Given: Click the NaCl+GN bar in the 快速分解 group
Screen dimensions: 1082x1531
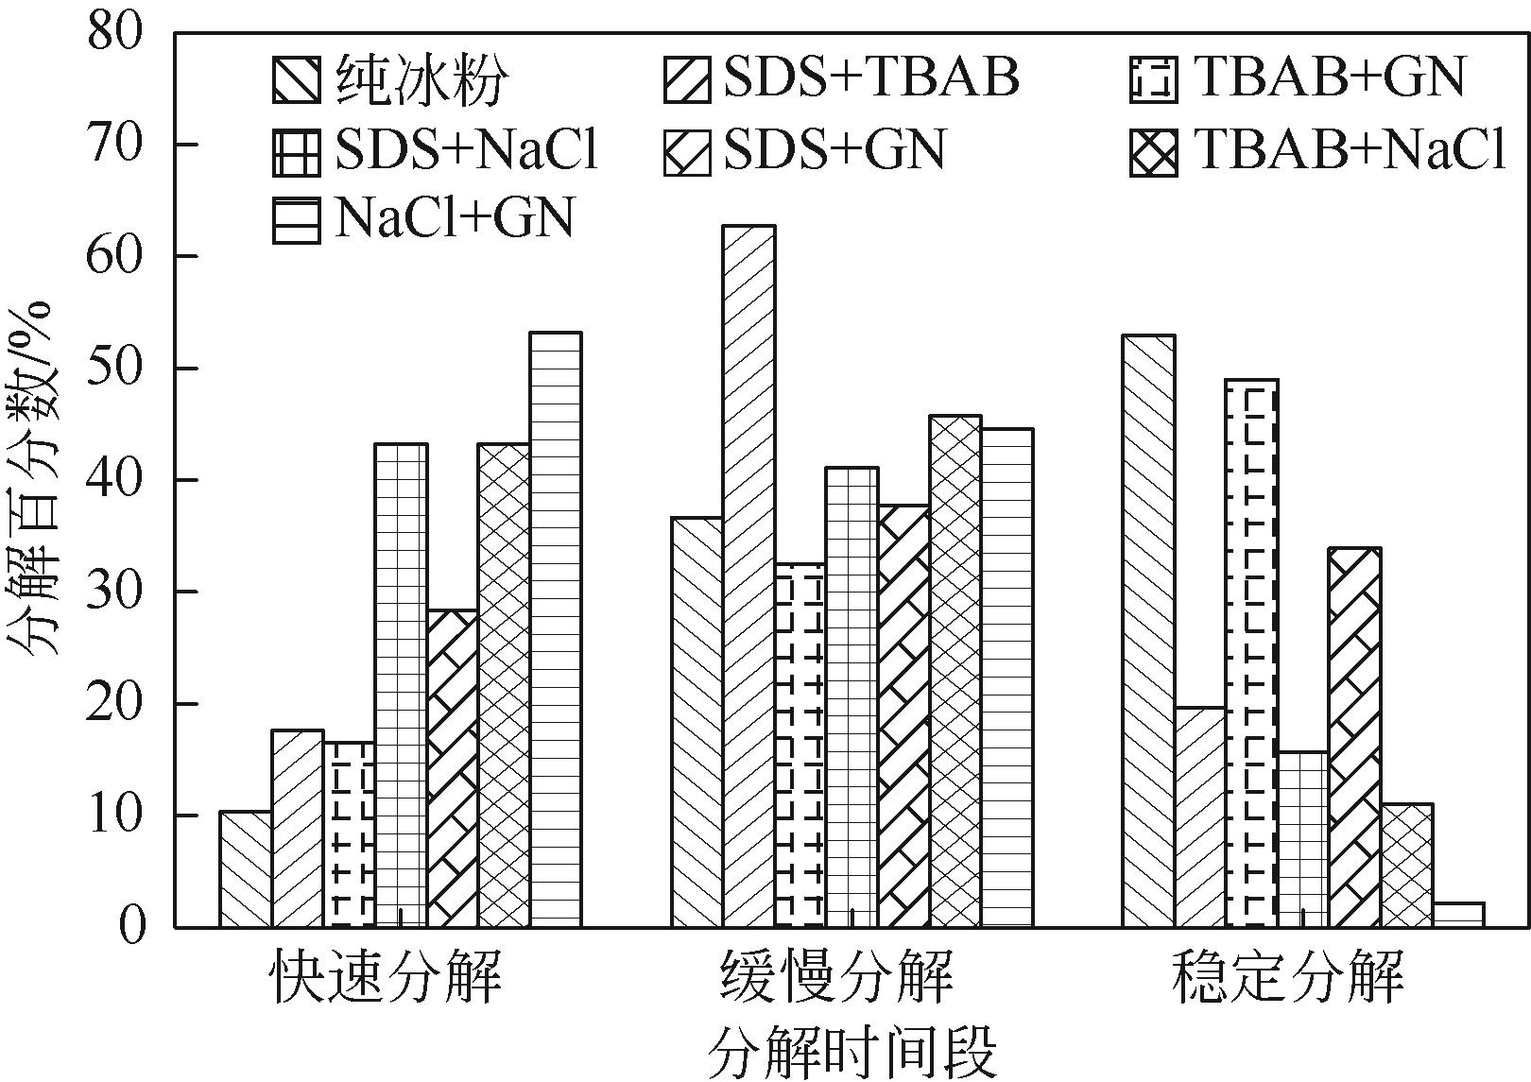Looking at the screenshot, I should (555, 629).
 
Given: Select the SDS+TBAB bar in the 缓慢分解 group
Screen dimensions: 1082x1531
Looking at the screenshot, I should (748, 576).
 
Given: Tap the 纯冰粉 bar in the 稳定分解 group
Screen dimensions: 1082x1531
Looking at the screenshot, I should (1148, 631).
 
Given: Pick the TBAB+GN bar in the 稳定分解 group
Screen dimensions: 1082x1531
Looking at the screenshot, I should (1251, 653).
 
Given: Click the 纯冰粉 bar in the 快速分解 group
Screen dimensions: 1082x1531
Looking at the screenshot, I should (245, 869).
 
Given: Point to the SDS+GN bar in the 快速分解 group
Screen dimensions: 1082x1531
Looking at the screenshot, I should (452, 768).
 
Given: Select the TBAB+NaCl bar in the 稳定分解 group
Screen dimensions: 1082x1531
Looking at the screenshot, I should (1406, 866).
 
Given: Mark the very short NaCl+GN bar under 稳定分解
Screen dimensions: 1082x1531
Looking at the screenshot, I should (1458, 915).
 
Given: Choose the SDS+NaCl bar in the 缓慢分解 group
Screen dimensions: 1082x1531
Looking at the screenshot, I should (852, 697).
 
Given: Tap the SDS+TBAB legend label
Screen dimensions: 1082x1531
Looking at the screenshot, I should (871, 77).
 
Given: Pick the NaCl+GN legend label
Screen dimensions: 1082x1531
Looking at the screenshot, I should (454, 219).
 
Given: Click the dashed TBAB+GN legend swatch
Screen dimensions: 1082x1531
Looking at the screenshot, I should (1153, 80).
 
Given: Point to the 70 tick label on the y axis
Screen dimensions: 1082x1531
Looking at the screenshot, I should (114, 145).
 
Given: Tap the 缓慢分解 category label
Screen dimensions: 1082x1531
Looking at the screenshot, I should (836, 978).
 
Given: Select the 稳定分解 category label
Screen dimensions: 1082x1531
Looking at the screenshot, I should (1287, 978).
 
